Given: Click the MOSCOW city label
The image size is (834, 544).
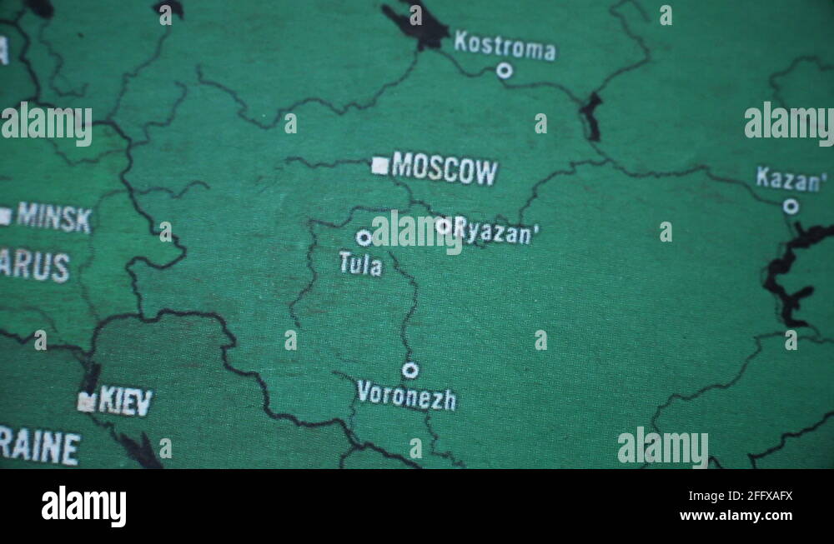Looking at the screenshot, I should click(x=445, y=170).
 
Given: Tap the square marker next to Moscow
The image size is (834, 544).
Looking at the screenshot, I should click(x=380, y=166).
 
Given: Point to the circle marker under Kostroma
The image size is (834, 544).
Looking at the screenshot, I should click(x=504, y=71).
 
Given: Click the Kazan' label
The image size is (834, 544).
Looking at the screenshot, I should click(x=791, y=179).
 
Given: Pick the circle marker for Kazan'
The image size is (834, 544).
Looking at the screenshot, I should click(x=791, y=206).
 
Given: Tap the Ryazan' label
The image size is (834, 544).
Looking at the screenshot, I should click(x=495, y=232).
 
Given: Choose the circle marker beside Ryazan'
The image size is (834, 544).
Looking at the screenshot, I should click(x=443, y=225).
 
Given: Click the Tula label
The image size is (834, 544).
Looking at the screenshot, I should click(x=360, y=265).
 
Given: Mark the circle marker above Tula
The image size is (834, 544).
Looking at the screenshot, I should click(x=364, y=237).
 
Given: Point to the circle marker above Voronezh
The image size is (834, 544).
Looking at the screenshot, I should click(x=410, y=370).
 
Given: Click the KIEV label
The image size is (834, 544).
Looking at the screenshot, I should click(x=126, y=402).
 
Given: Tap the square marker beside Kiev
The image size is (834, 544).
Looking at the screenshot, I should click(x=86, y=402).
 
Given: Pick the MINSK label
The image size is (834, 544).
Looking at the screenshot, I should click(x=54, y=217).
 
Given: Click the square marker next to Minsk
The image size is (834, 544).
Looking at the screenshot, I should click(x=5, y=217).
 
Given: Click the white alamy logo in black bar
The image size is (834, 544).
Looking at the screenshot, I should click(x=83, y=507).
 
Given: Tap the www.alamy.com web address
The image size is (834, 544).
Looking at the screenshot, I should click(x=736, y=516).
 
